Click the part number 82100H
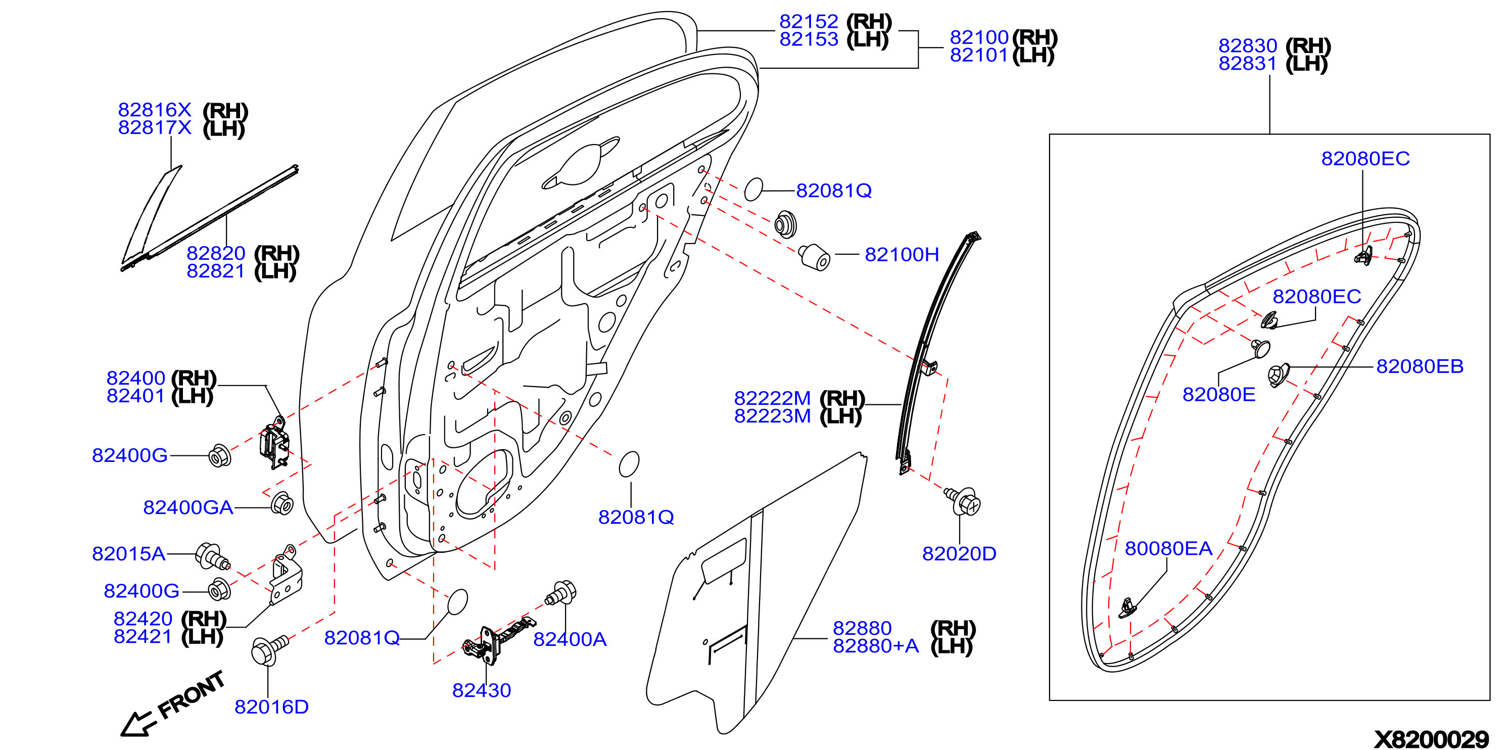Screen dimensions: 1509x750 pyautogui.click(x=902, y=254)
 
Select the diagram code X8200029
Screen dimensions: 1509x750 pyautogui.click(x=1431, y=739)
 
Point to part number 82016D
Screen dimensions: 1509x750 pyautogui.click(x=271, y=707)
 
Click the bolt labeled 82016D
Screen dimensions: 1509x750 pyautogui.click(x=269, y=650)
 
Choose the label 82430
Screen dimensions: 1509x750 pyautogui.click(x=482, y=690)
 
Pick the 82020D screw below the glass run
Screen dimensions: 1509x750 pyautogui.click(x=963, y=501)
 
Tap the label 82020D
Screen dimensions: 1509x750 pyautogui.click(x=959, y=554)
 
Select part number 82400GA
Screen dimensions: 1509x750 pyautogui.click(x=188, y=507)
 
